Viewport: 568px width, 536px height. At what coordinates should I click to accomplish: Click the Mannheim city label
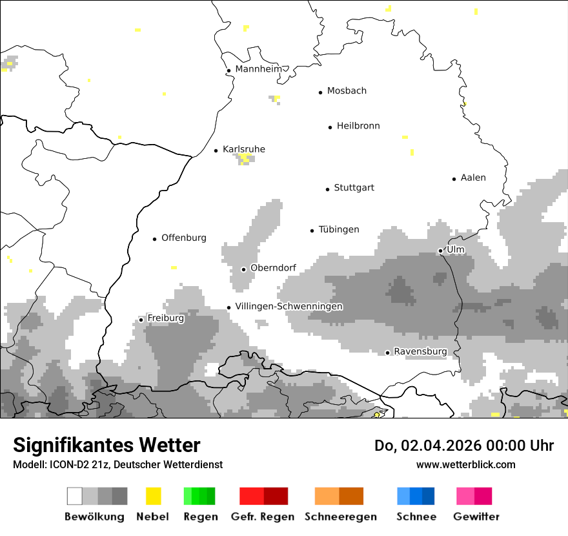(258, 69)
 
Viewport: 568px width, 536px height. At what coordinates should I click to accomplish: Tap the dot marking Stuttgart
(327, 189)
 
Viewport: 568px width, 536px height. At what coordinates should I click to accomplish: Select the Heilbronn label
(358, 126)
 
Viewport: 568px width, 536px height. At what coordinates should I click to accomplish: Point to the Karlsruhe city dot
(216, 150)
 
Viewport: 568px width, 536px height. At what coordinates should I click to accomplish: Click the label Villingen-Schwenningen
(289, 306)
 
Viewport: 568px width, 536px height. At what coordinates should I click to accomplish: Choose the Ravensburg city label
(420, 351)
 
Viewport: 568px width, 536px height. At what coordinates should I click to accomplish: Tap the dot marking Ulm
(440, 251)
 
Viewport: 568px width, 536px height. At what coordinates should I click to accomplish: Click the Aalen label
(473, 178)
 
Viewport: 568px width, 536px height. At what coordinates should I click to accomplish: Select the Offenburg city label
(184, 238)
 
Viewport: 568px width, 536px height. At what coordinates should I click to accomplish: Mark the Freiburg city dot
(141, 320)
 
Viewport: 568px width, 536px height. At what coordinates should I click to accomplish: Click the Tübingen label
(339, 229)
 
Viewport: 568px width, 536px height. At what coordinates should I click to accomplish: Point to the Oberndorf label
(273, 268)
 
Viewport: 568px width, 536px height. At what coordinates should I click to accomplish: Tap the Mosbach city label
(347, 91)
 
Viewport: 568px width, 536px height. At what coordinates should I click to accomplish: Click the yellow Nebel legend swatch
(153, 496)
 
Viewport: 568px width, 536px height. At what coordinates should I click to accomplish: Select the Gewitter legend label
(476, 517)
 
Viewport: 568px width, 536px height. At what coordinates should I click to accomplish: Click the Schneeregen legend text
(340, 517)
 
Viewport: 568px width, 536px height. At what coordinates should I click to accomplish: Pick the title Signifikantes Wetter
(107, 445)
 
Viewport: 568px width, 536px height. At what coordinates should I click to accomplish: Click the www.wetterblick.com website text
(465, 464)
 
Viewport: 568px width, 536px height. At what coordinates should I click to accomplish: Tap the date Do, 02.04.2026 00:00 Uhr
(464, 446)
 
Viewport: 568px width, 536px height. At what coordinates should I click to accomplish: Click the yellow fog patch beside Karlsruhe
(245, 158)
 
